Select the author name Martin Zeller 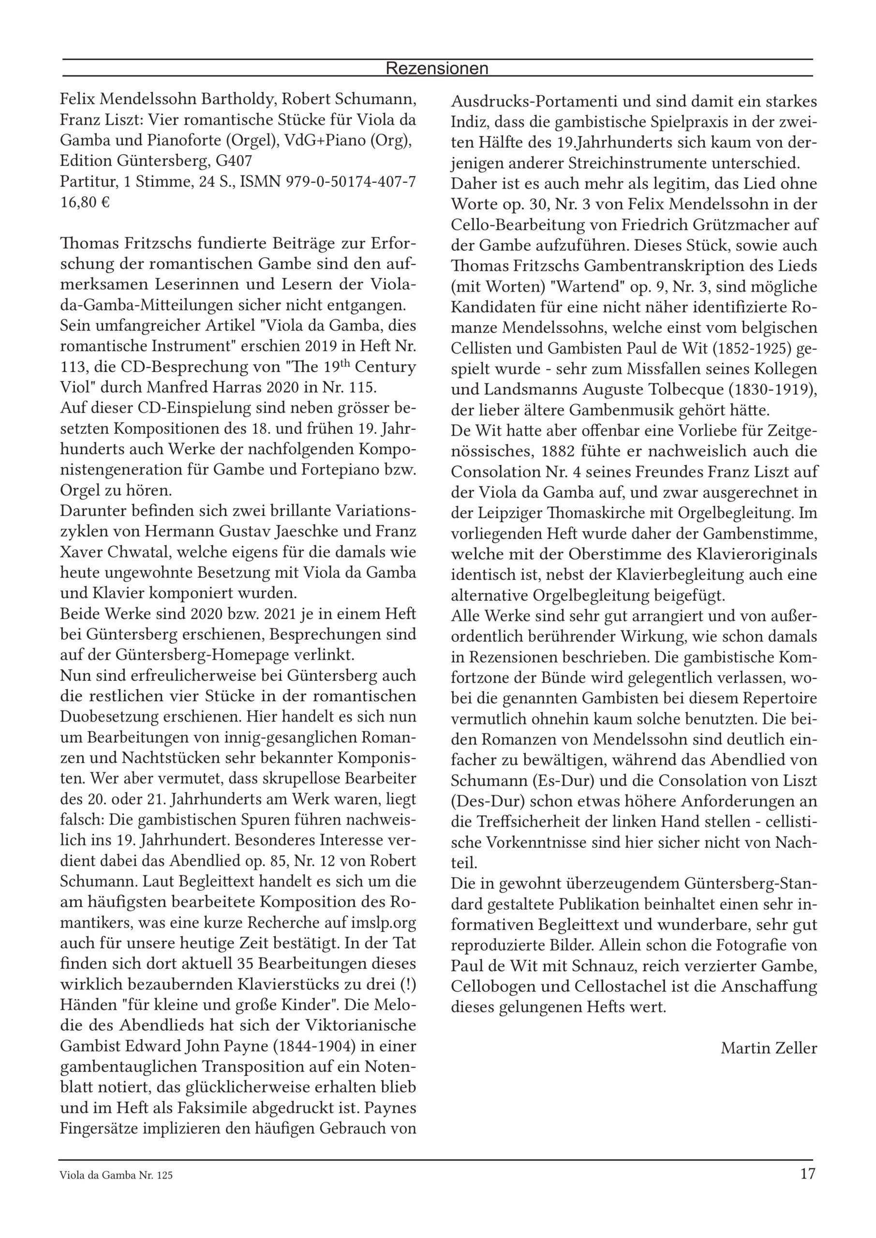click(x=769, y=1048)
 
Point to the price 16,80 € click(x=85, y=203)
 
